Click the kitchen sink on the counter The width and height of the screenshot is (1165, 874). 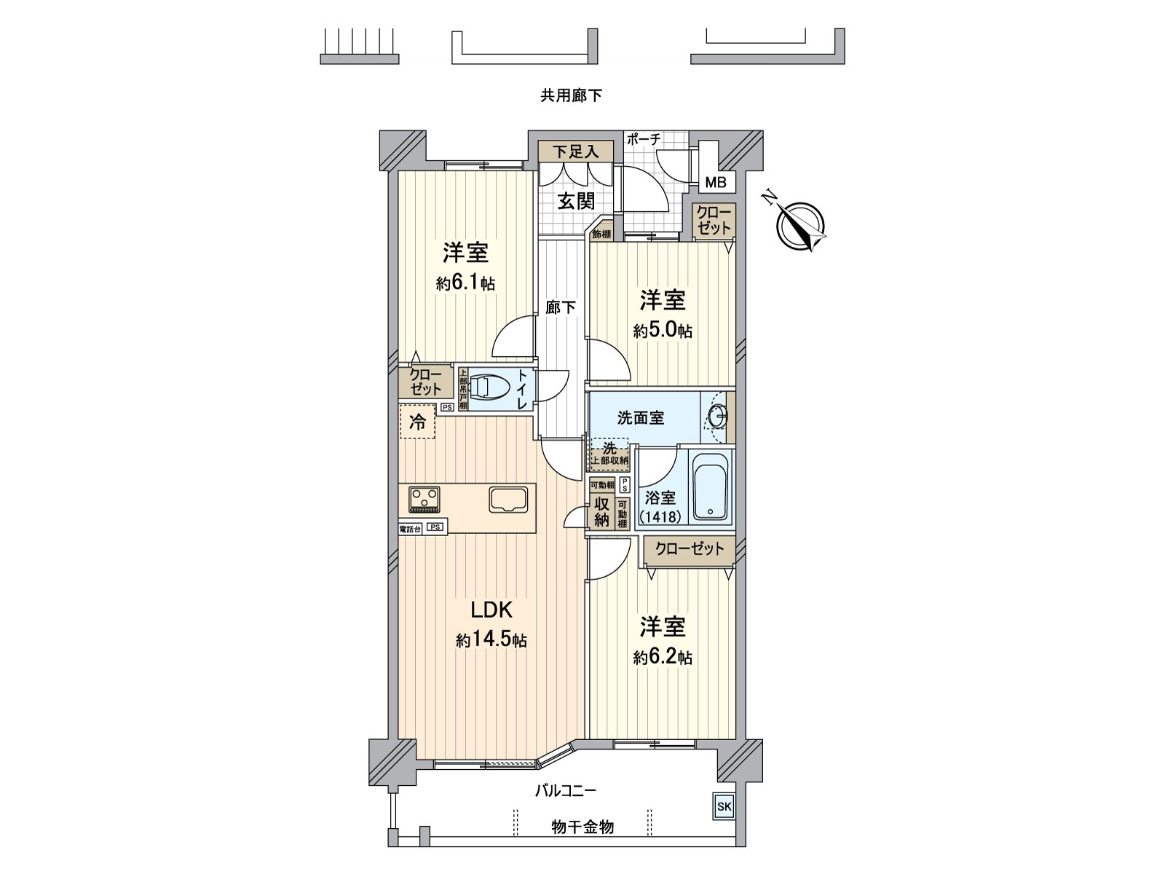point(509,500)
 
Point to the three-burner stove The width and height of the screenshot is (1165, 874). point(424,500)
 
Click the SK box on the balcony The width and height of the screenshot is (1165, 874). point(724,806)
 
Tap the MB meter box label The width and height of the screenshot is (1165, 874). point(715,182)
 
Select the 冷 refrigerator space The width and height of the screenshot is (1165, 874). point(417,422)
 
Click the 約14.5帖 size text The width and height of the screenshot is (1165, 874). point(491,640)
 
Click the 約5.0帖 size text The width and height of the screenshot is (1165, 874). point(663,331)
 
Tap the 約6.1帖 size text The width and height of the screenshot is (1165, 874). point(465,283)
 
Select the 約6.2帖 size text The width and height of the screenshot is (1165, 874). point(663,657)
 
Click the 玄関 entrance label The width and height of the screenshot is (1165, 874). point(576,201)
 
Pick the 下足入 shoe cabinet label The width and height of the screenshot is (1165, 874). point(575,151)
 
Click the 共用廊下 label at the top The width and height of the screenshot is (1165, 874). point(571,95)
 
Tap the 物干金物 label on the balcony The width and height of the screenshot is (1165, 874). point(582,827)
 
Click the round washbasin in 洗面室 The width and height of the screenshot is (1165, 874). point(718,417)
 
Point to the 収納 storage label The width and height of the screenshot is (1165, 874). point(602,511)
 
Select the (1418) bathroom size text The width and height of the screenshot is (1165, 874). point(660,517)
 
